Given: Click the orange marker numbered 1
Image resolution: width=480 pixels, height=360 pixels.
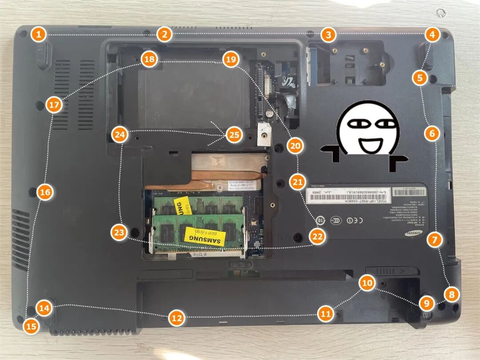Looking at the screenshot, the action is [39, 34].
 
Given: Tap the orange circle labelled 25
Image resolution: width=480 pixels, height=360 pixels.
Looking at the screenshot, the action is [234, 134].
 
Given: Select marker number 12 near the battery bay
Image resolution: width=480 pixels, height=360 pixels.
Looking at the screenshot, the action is [176, 318].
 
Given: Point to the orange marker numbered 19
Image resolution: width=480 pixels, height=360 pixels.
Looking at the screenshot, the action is [231, 60].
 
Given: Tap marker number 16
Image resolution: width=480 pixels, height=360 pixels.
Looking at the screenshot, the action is [45, 192].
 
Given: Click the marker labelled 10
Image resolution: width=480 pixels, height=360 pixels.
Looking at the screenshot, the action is [367, 283].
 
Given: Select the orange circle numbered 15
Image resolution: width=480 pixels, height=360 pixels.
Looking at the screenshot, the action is [31, 326].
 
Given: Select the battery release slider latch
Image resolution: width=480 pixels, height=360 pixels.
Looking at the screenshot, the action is [392, 270].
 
